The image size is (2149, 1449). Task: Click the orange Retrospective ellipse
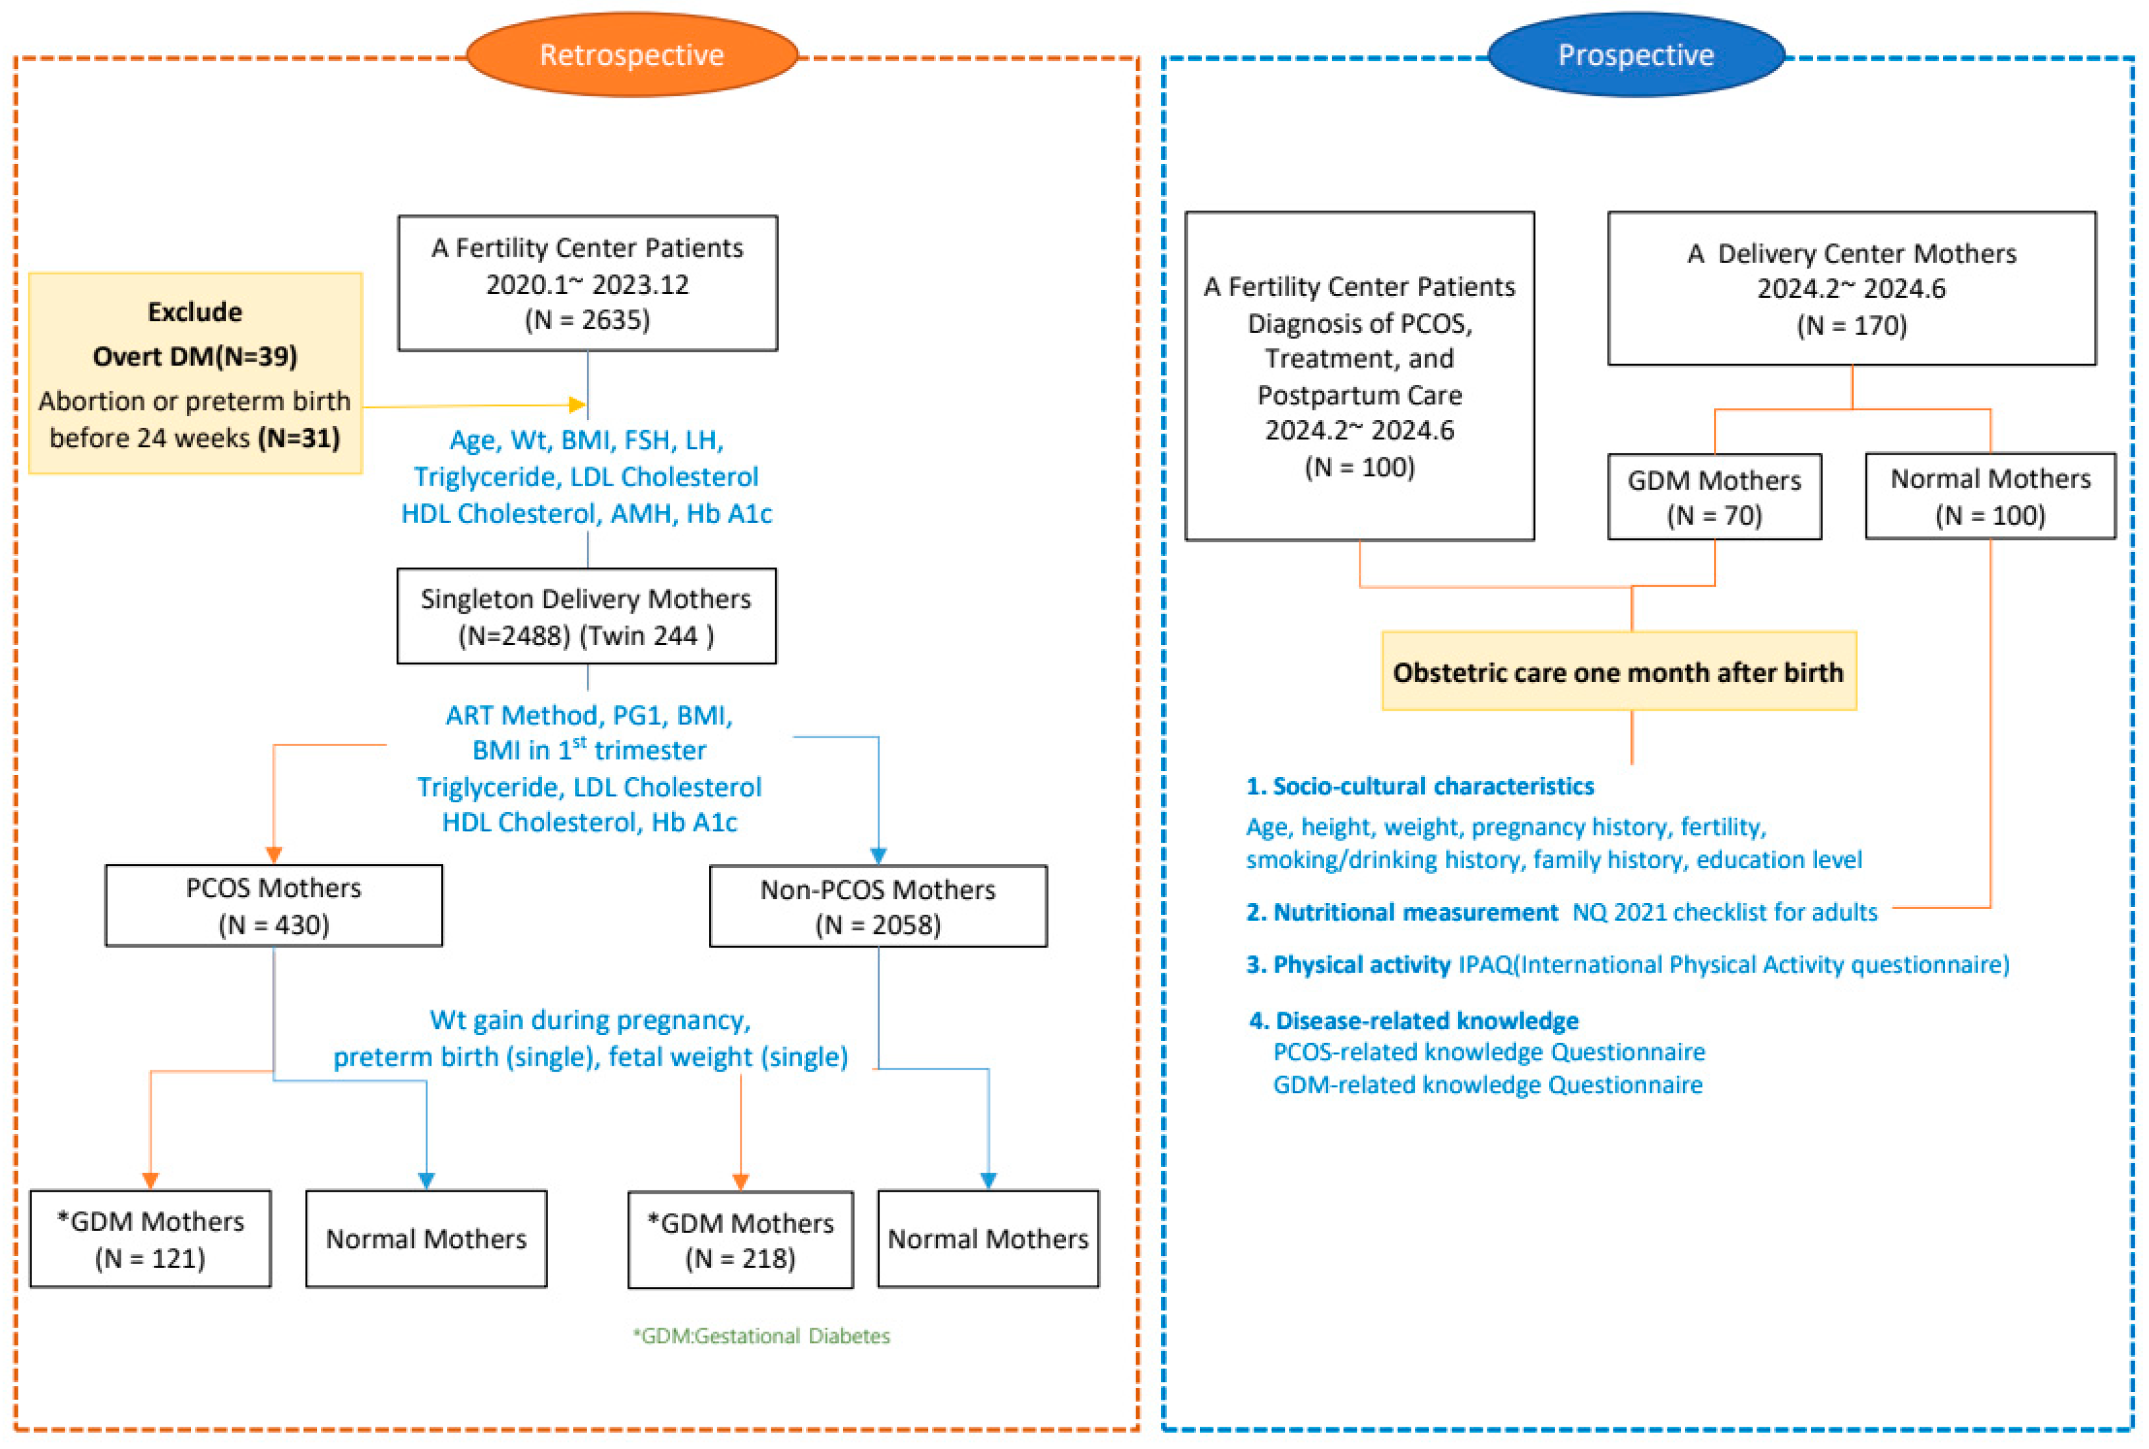coord(631,54)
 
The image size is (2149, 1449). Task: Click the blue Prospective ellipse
coord(1635,54)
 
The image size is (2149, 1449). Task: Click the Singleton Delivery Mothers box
coord(586,616)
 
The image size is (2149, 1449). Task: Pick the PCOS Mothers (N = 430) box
coord(274,905)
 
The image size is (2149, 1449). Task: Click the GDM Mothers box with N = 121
coord(151,1238)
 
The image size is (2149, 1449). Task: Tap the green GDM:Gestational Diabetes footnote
coord(761,1335)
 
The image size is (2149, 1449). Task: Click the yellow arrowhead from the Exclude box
coord(578,405)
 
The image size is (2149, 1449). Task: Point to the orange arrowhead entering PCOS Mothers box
coord(274,855)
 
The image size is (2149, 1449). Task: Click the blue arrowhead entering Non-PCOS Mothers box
coord(878,856)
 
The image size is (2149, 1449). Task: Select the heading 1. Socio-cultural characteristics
coord(1420,786)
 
